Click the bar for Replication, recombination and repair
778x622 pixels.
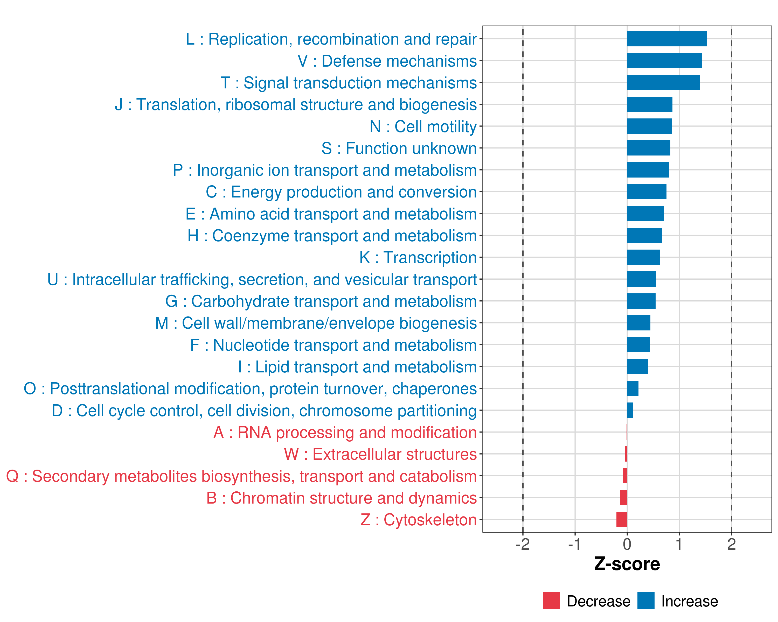(666, 39)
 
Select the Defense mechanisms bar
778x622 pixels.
(664, 61)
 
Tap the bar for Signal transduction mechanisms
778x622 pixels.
(663, 83)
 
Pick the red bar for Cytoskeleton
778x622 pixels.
(622, 520)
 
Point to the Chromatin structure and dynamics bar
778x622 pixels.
(623, 498)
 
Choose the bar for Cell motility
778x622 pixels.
(649, 126)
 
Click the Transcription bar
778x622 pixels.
(643, 257)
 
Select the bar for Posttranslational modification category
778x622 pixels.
(633, 388)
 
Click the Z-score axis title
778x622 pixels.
(627, 564)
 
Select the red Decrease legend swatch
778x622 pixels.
(551, 601)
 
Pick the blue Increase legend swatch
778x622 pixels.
(645, 601)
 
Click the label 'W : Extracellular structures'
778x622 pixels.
(380, 454)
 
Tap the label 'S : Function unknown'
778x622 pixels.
(399, 149)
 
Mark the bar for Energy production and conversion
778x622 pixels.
(647, 192)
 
